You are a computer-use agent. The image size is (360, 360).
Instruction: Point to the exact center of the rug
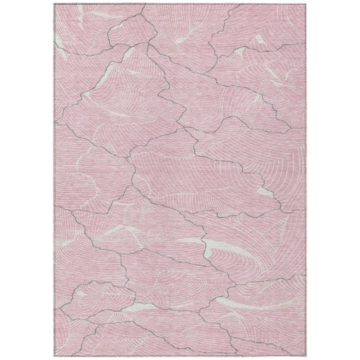pyautogui.click(x=180, y=180)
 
